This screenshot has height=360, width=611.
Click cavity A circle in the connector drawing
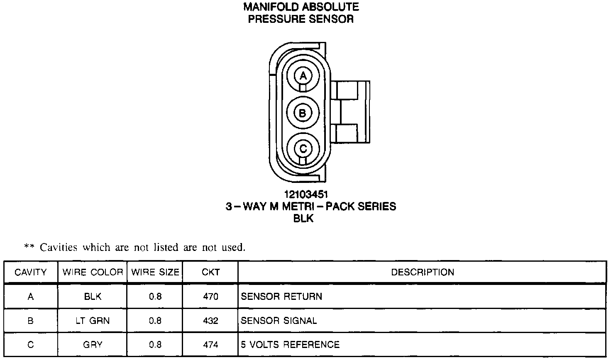pyautogui.click(x=303, y=76)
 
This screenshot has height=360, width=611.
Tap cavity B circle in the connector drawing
pyautogui.click(x=303, y=113)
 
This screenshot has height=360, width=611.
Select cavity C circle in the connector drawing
pyautogui.click(x=303, y=148)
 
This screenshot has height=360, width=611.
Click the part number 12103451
pyautogui.click(x=303, y=195)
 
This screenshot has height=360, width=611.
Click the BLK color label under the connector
pyautogui.click(x=303, y=219)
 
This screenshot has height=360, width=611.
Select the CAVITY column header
pyautogui.click(x=31, y=272)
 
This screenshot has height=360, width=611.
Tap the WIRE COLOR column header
pyautogui.click(x=93, y=272)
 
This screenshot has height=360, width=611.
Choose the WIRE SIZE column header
pyautogui.click(x=155, y=272)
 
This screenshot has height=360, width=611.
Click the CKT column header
pyautogui.click(x=210, y=272)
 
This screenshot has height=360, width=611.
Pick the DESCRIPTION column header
pyautogui.click(x=423, y=272)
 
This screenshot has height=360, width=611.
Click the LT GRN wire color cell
pyautogui.click(x=93, y=321)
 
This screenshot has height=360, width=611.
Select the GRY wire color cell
pyautogui.click(x=93, y=345)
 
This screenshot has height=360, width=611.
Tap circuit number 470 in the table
pyautogui.click(x=210, y=297)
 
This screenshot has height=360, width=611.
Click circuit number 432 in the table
pyautogui.click(x=210, y=321)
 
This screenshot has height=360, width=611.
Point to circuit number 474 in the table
pyautogui.click(x=210, y=345)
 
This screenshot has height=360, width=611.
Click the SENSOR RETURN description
pyautogui.click(x=281, y=297)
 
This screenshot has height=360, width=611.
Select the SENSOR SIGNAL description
pyautogui.click(x=279, y=321)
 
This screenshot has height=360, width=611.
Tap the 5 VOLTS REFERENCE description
pyautogui.click(x=290, y=345)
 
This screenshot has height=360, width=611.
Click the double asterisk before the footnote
pyautogui.click(x=29, y=247)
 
